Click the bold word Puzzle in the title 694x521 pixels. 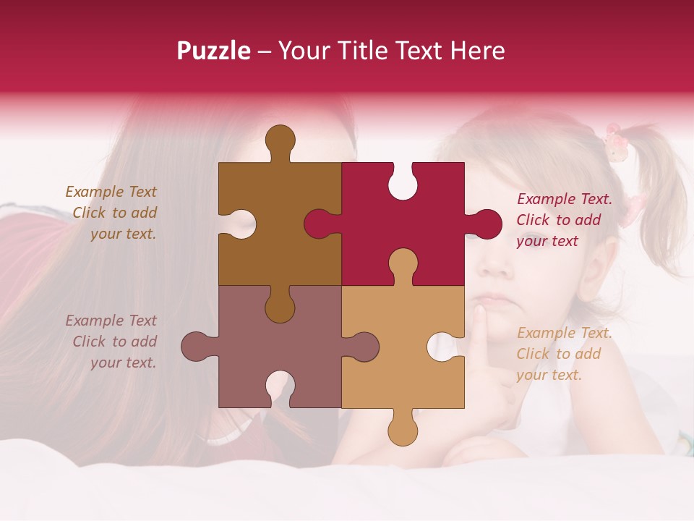click(214, 51)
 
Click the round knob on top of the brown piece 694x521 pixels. click(280, 140)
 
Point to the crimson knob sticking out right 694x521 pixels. click(486, 224)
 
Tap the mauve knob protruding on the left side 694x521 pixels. click(197, 347)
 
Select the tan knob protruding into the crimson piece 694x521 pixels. click(403, 264)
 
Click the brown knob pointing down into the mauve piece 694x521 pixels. click(280, 308)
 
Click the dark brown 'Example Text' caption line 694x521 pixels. click(111, 192)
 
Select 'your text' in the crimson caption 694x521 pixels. click(547, 241)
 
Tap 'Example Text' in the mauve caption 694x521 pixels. click(111, 321)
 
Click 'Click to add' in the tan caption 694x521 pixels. click(558, 354)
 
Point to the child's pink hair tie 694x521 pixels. click(615, 143)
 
